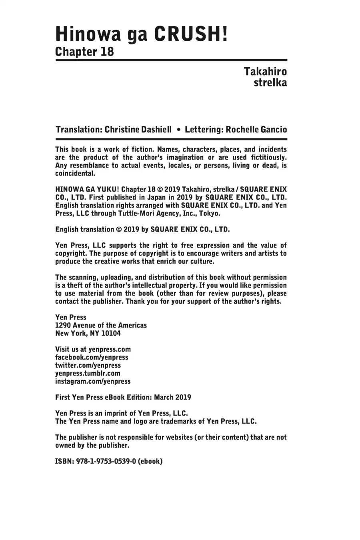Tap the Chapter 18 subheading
click(x=84, y=52)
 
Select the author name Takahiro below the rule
click(x=265, y=72)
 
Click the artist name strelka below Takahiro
click(x=270, y=83)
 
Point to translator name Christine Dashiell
click(x=138, y=130)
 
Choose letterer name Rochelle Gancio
click(x=256, y=130)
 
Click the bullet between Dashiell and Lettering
click(x=178, y=130)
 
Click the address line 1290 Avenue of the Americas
click(x=101, y=326)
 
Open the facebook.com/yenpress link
click(x=92, y=358)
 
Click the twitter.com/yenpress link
click(x=88, y=366)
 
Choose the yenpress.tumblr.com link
click(x=88, y=374)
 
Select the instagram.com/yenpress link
click(x=93, y=382)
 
